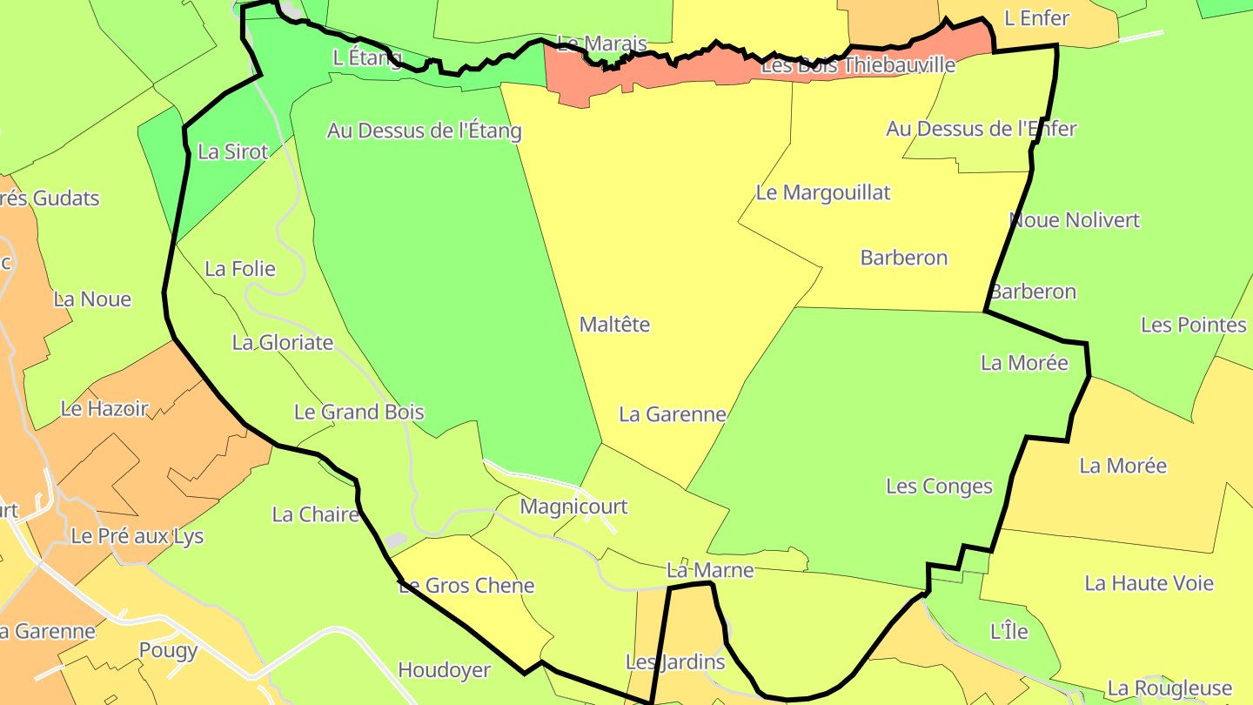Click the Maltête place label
point(614,325)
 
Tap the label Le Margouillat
point(822,192)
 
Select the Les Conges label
point(939,487)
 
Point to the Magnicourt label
point(573,507)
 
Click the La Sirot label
point(233,151)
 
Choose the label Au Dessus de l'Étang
point(424,131)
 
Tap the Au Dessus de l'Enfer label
point(981,129)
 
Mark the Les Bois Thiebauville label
point(857,65)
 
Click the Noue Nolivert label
point(1074,220)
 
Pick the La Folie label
point(240,269)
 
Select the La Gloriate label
point(282,343)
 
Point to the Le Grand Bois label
point(358,412)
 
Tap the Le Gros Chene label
point(466,586)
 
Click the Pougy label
point(169,650)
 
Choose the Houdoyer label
point(444,670)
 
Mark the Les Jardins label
point(675,662)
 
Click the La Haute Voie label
point(1149,583)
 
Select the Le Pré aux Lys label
point(137,536)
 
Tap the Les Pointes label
point(1193,326)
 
